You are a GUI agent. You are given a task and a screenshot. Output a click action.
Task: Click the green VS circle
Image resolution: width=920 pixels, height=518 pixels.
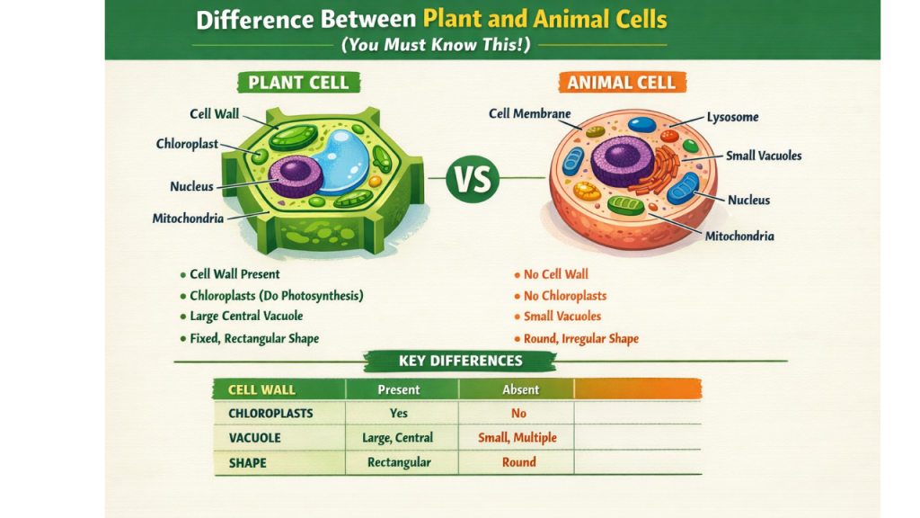pos(473,179)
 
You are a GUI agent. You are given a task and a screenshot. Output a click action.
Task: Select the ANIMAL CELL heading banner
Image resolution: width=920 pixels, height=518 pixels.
pos(621,84)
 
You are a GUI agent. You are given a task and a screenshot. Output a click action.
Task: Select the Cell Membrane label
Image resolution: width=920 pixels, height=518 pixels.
pos(529,114)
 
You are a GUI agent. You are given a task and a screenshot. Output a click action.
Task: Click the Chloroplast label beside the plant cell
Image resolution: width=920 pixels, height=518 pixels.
pos(187,144)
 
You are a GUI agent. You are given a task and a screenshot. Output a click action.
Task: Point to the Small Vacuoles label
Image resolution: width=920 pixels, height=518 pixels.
pos(763,156)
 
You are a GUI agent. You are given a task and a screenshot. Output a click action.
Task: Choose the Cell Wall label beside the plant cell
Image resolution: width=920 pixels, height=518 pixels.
pos(213,114)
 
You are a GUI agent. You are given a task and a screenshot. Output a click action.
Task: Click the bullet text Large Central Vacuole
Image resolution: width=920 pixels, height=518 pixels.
pos(246,317)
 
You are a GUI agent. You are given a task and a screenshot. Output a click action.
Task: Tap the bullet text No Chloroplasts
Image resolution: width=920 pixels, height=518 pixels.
pos(565,296)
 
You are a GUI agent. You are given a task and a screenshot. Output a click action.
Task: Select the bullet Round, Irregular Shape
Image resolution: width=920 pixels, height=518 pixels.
pos(580,339)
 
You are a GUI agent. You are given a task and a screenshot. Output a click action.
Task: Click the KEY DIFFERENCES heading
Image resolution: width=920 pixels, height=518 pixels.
pos(460,361)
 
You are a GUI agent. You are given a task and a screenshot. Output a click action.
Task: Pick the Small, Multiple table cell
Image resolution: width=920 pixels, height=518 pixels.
pos(517,438)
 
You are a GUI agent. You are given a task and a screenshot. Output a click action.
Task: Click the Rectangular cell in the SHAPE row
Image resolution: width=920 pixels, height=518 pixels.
pos(399,462)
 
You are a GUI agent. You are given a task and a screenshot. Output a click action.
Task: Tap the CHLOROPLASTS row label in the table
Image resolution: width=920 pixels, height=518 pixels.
pos(270,414)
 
